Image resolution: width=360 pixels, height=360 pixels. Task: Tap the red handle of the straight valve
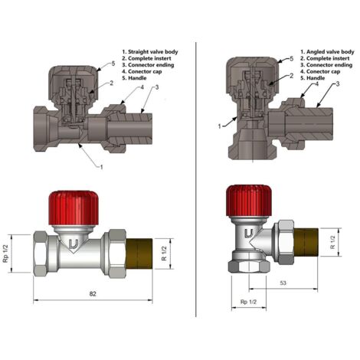pos(74,207)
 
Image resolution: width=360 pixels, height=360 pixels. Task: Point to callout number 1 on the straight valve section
pos(103,166)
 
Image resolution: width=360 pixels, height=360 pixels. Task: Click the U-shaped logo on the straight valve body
pos(73,245)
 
